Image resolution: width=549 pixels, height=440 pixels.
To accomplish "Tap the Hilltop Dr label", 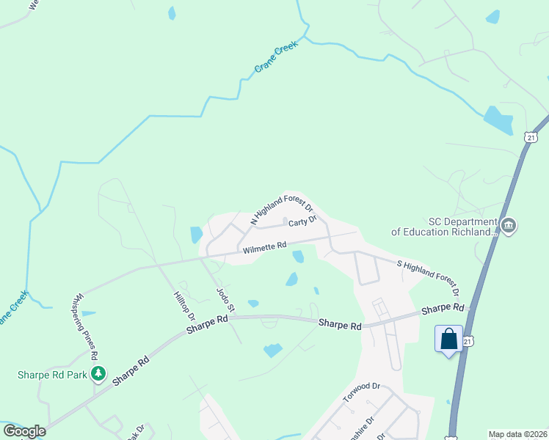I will tap(184, 305).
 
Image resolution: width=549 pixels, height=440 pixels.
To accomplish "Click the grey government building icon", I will tap(508, 226).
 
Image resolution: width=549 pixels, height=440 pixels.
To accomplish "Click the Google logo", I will tap(24, 430).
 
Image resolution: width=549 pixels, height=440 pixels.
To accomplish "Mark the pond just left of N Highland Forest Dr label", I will tap(196, 235).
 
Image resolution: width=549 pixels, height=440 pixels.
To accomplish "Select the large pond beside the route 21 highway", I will tap(498, 120).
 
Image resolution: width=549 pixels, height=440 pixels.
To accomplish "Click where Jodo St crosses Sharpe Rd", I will tap(228, 318).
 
